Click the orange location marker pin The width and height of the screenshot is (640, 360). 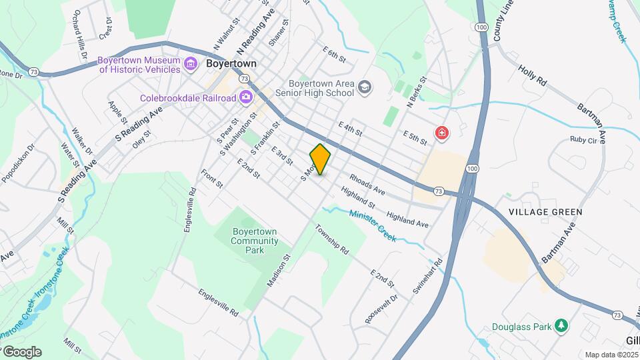(321, 159)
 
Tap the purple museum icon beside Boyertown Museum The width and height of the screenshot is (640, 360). (191, 64)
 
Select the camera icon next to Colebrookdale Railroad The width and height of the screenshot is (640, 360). (246, 97)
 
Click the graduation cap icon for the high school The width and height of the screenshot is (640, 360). (365, 87)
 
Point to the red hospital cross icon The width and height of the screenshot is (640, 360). (441, 134)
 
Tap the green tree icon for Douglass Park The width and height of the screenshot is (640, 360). (563, 326)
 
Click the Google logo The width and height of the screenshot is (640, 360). (21, 351)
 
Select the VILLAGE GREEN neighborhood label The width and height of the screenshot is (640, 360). (545, 212)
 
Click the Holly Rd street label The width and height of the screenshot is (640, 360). (532, 75)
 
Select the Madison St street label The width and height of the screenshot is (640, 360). (279, 271)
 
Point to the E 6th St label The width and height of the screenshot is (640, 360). (333, 54)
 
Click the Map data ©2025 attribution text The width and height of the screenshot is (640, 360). (611, 355)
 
